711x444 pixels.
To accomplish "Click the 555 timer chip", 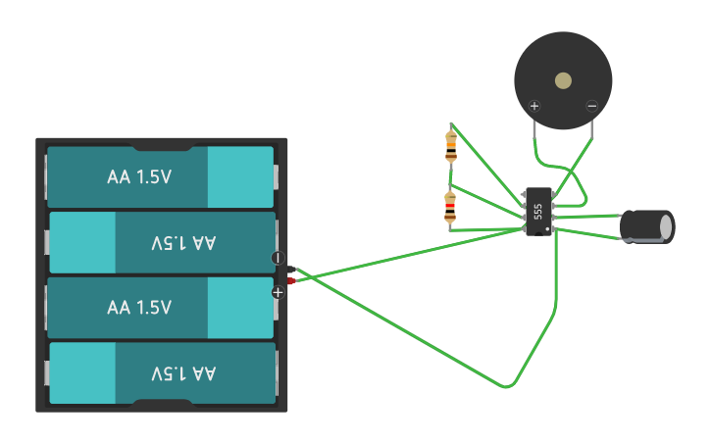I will tap(538, 211).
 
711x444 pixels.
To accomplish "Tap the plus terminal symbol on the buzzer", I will tap(534, 106).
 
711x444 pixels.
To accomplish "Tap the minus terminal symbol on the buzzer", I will tap(591, 106).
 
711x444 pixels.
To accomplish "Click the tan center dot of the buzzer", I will tap(563, 80).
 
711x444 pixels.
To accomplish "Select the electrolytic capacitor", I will tap(644, 226).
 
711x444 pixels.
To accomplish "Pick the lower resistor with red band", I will tap(450, 208).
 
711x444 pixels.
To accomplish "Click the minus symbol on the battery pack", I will tap(278, 258).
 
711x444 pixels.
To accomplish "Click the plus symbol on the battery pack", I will tap(278, 291).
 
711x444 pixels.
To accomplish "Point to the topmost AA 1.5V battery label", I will tap(139, 177).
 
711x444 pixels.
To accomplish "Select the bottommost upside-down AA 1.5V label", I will tap(183, 373).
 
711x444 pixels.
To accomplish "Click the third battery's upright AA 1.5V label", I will tap(139, 308).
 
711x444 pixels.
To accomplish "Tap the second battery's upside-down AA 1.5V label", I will tap(183, 243).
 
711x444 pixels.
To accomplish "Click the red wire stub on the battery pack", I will tap(292, 281).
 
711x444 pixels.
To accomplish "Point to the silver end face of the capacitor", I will tap(667, 226).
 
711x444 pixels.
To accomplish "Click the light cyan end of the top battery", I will tap(240, 177).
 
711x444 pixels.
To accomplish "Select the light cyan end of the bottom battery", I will tap(81, 373).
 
